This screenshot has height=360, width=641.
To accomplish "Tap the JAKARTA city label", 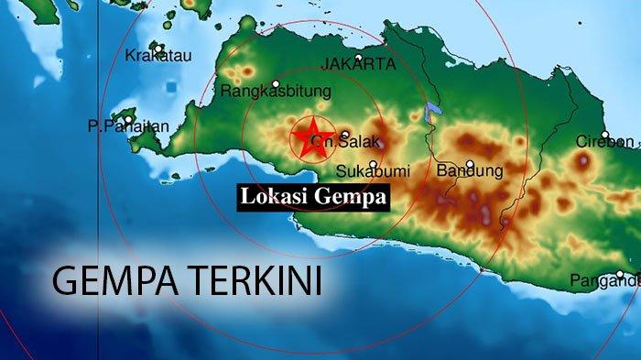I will [358, 64].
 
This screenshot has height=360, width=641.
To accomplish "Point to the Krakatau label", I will [158, 56].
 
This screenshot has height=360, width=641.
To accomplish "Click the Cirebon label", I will [604, 142].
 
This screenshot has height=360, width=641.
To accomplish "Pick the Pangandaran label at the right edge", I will [604, 281].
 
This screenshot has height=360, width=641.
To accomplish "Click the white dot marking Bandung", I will [470, 165].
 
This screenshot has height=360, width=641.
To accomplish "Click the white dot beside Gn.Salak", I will [344, 135].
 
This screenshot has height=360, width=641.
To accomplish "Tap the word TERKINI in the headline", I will [248, 280].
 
